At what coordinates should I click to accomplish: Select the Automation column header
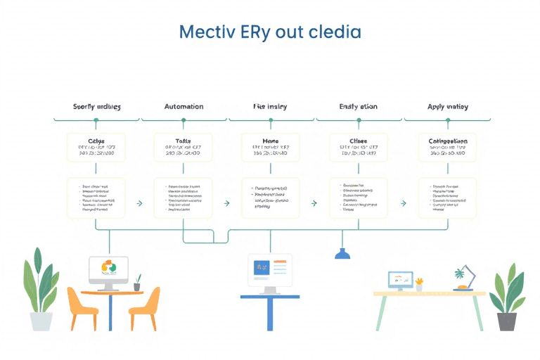pyautogui.click(x=184, y=107)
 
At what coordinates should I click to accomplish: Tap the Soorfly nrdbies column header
pyautogui.click(x=96, y=107)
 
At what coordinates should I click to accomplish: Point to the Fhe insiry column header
pyautogui.click(x=270, y=107)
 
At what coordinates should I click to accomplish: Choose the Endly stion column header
pyautogui.click(x=358, y=107)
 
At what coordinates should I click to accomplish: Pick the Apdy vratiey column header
pyautogui.click(x=447, y=107)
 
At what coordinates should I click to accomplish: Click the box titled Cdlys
pyautogui.click(x=96, y=147)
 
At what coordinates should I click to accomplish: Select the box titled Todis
pyautogui.click(x=183, y=147)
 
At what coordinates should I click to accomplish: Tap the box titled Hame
pyautogui.click(x=270, y=147)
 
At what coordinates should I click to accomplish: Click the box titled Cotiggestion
pyautogui.click(x=447, y=147)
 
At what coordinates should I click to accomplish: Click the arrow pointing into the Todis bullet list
pyautogui.click(x=139, y=203)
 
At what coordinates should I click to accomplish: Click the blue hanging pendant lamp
pyautogui.click(x=342, y=253)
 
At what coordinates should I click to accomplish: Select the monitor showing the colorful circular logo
pyautogui.click(x=108, y=271)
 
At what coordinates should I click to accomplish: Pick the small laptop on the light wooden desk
pyautogui.click(x=400, y=280)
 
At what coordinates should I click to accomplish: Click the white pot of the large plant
pyautogui.click(x=41, y=321)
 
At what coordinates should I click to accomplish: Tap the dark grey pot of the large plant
pyautogui.click(x=506, y=321)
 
